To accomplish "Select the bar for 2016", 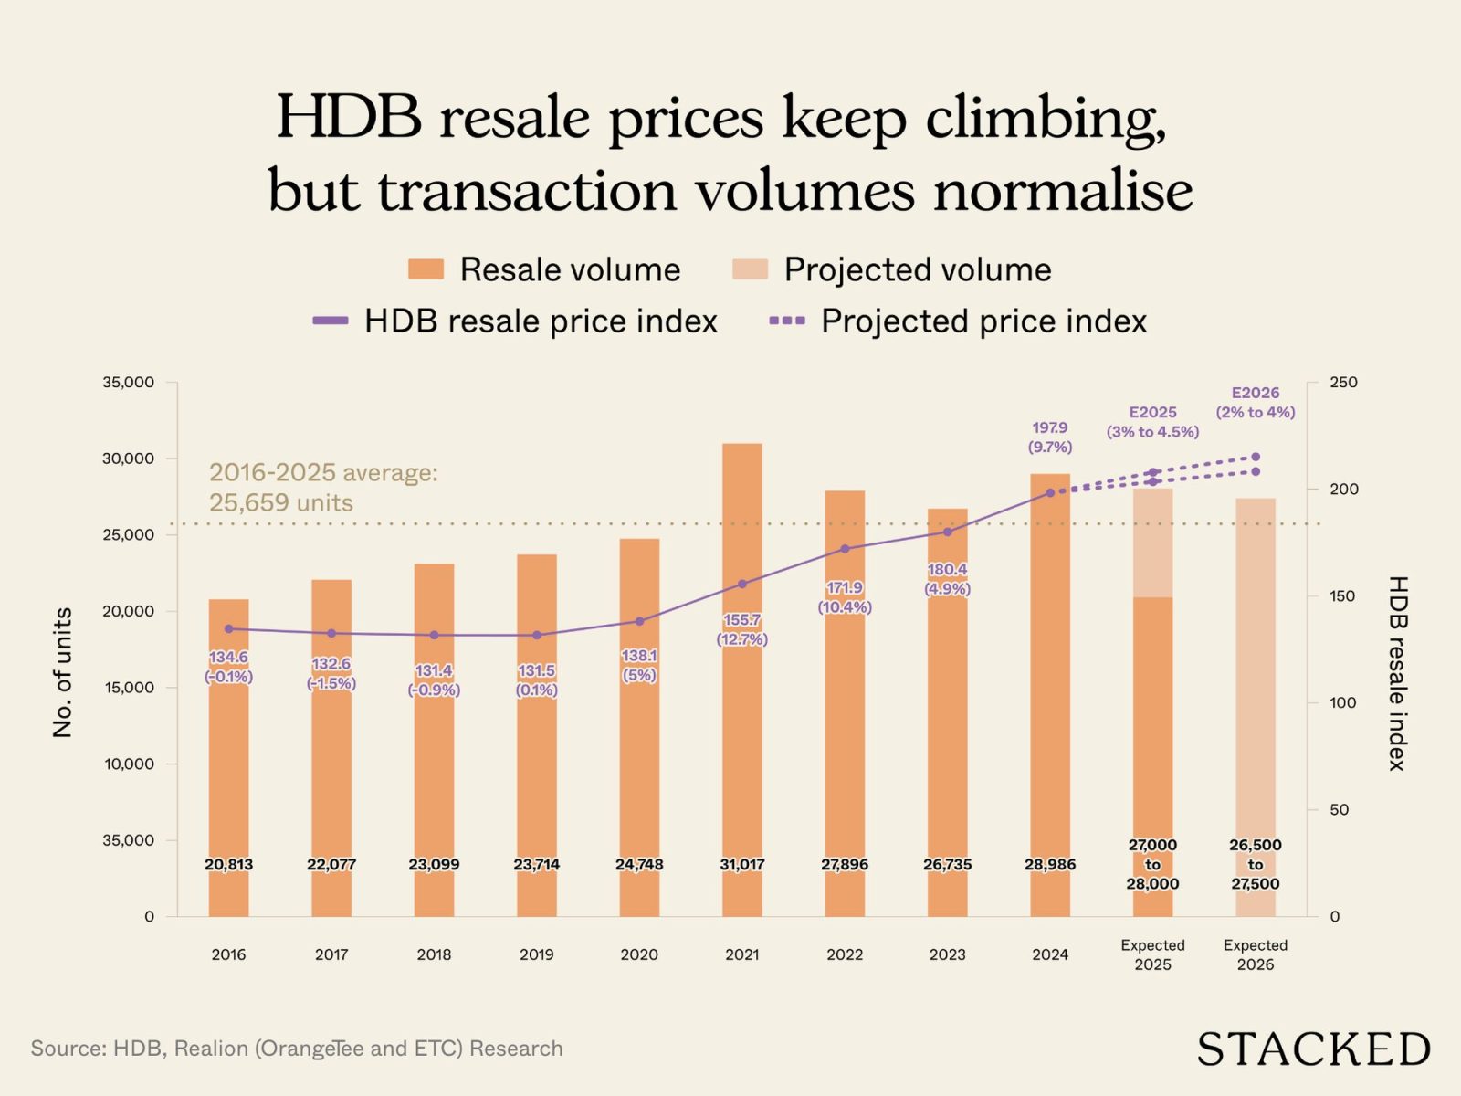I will pyautogui.click(x=228, y=776).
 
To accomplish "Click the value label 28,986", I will pyautogui.click(x=1049, y=864).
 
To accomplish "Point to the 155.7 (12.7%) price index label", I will pyautogui.click(x=741, y=629).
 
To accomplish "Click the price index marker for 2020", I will pyautogui.click(x=639, y=621).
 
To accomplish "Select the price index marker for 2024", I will pyautogui.click(x=1049, y=492).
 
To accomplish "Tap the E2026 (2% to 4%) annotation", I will pyautogui.click(x=1255, y=402).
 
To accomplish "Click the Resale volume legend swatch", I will pyautogui.click(x=426, y=269).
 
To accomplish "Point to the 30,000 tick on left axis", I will pyautogui.click(x=128, y=458).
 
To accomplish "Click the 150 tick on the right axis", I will pyautogui.click(x=1342, y=595).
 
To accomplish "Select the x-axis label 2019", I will pyautogui.click(x=536, y=954).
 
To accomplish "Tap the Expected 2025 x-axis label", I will pyautogui.click(x=1152, y=954).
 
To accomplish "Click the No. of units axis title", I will pyautogui.click(x=62, y=672).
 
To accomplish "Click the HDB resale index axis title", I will pyautogui.click(x=1397, y=672).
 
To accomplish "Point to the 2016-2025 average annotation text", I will pyautogui.click(x=323, y=487).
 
